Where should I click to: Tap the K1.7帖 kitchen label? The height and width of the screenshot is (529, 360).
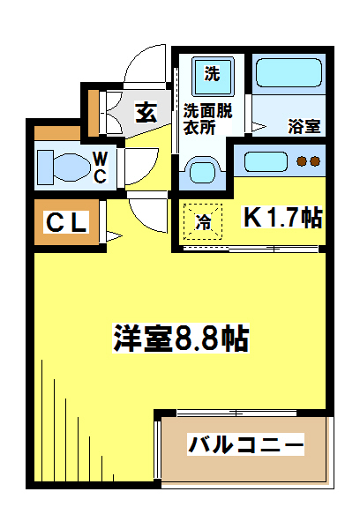click(x=281, y=218)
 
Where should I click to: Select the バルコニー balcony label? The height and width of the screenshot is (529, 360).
click(x=245, y=443)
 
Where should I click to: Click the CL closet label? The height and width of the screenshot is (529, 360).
click(x=66, y=224)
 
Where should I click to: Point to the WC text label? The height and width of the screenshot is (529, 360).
click(x=101, y=167)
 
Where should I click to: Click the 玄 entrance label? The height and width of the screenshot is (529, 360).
click(x=146, y=112)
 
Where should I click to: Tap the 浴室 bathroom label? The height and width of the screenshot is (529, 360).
click(x=304, y=126)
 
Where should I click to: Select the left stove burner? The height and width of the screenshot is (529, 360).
click(x=301, y=161)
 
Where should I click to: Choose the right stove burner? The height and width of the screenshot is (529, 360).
click(x=314, y=161)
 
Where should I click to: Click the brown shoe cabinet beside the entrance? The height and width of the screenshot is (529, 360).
click(x=94, y=108)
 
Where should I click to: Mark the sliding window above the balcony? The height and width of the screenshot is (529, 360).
click(x=239, y=413)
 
